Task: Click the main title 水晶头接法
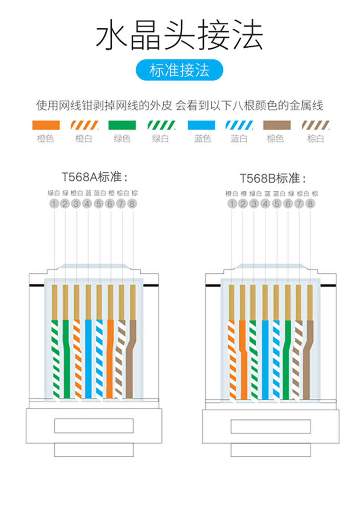pyautogui.click(x=180, y=36)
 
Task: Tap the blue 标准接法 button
pyautogui.click(x=180, y=71)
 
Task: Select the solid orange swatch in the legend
pyautogui.click(x=46, y=125)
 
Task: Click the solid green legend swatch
pyautogui.click(x=122, y=125)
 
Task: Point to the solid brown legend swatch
pyautogui.click(x=277, y=125)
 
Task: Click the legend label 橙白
pyautogui.click(x=84, y=138)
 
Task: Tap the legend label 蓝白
pyautogui.click(x=239, y=138)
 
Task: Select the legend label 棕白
pyautogui.click(x=315, y=138)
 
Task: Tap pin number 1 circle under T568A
pyautogui.click(x=54, y=204)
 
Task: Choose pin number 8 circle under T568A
pyautogui.click(x=132, y=204)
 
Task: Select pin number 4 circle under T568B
pyautogui.click(x=266, y=204)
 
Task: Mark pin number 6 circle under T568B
pyautogui.click(x=288, y=204)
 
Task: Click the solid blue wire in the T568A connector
pyautogui.click(x=88, y=360)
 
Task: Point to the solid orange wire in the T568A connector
pyautogui.click(x=110, y=360)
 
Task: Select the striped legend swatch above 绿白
pyautogui.click(x=160, y=125)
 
